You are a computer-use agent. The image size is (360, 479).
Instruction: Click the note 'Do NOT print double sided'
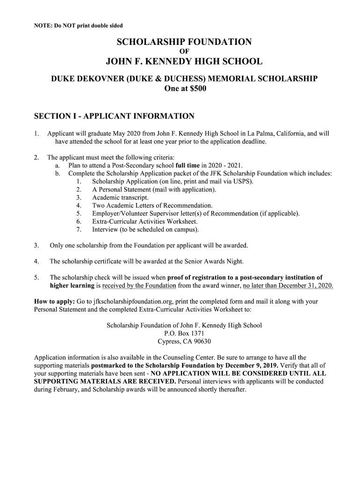tap(79, 25)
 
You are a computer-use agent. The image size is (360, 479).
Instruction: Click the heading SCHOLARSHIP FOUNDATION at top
tap(184, 42)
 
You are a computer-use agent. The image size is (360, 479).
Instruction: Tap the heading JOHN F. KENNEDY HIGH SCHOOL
tap(184, 61)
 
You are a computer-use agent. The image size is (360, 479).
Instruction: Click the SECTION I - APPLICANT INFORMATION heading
tap(114, 116)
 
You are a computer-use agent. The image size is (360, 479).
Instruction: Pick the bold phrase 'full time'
tap(187, 166)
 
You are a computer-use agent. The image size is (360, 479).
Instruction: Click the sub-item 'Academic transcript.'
tap(120, 197)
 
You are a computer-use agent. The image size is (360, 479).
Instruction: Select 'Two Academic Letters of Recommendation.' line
tap(152, 205)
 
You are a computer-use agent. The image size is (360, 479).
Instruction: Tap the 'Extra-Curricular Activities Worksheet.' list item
tap(144, 221)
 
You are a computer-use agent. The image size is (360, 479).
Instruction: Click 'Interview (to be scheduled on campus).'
tap(145, 229)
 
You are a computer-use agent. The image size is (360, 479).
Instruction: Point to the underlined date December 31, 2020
tap(288, 285)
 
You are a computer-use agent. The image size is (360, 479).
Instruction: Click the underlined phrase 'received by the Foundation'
tap(139, 285)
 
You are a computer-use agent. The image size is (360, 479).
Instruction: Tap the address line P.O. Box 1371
tap(184, 334)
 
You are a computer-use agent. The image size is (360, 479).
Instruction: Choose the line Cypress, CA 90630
tap(184, 341)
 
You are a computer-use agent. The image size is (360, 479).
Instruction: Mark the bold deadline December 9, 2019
tap(247, 365)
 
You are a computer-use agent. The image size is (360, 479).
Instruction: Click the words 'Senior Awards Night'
tap(214, 261)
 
